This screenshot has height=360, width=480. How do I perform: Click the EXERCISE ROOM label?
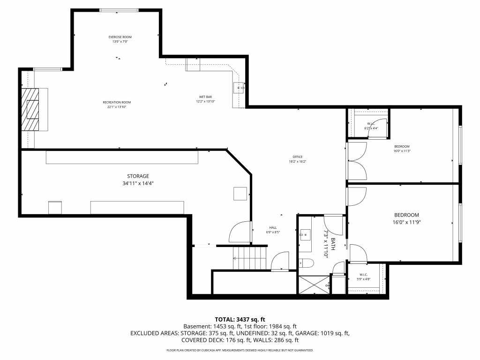120,37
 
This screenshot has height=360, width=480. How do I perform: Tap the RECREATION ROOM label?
117,102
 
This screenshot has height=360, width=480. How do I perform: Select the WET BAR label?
205,97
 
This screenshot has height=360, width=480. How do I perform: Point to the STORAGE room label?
138,176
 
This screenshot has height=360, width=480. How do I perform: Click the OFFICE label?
298,157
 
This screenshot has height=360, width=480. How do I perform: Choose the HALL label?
273,227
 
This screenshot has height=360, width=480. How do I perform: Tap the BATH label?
333,244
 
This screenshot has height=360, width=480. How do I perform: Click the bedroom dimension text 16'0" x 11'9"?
406,222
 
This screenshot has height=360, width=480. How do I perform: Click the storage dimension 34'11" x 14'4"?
138,184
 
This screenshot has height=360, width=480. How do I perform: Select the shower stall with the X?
313,285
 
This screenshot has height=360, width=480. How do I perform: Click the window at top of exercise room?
119,10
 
